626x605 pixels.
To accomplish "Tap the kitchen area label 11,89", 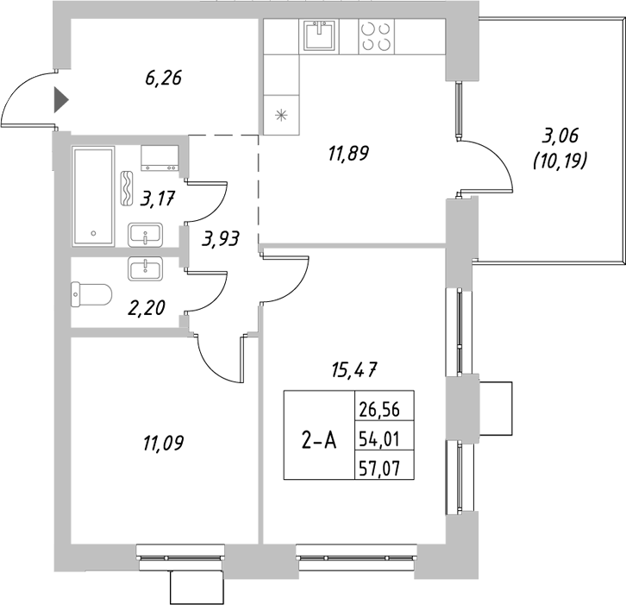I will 348,154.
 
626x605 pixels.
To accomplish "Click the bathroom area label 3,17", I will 157,200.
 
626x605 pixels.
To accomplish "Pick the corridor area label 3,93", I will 220,237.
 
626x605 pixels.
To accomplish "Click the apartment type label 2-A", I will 318,441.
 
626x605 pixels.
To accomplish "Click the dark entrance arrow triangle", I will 60,100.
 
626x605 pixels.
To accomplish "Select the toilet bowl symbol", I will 90,295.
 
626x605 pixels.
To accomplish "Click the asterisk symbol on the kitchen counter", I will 279,117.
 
